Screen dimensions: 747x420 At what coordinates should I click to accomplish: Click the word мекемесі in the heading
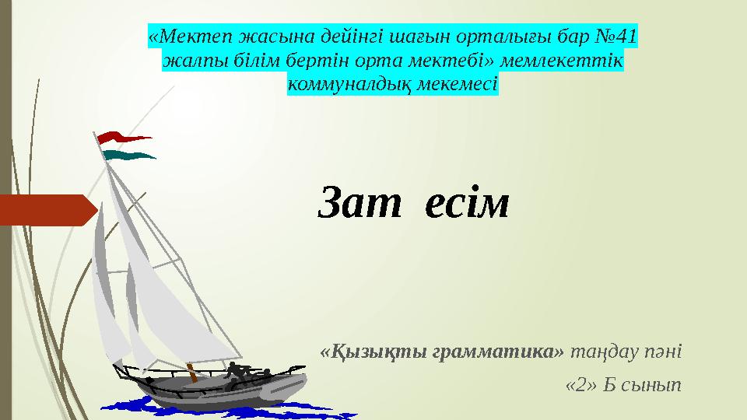pos(458,84)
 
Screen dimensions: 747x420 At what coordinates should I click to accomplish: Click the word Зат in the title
pos(359,202)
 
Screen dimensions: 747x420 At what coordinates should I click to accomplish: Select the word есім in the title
pos(467,203)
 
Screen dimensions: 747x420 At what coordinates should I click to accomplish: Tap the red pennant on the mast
pos(124,138)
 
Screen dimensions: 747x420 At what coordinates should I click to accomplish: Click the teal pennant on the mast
pos(128,155)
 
